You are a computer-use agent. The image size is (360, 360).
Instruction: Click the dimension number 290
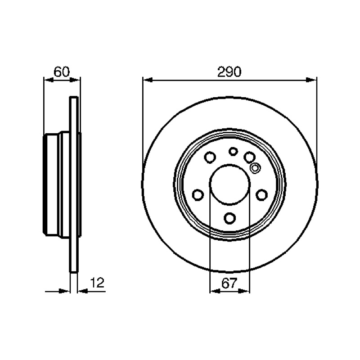(x=229, y=72)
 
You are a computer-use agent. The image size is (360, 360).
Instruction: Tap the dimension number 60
(x=62, y=72)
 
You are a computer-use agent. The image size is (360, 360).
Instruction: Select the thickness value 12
(x=97, y=283)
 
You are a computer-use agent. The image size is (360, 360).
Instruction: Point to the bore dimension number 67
(x=229, y=283)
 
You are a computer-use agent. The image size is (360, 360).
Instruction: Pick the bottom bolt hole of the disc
(x=229, y=218)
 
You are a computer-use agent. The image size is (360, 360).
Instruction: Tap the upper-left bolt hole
(x=210, y=157)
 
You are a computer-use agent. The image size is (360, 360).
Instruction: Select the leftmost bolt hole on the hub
(x=198, y=195)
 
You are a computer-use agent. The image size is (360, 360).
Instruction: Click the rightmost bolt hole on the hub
(x=262, y=195)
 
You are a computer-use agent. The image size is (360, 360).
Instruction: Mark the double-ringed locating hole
(x=255, y=168)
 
